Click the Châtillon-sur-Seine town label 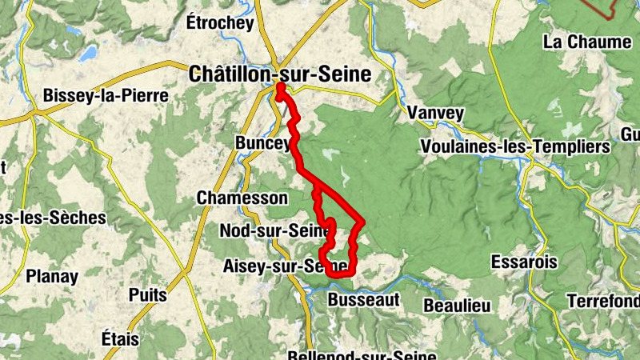point(280,74)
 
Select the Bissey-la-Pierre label point(106,96)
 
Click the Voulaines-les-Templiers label point(515,147)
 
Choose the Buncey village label point(262,142)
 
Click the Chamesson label point(242,198)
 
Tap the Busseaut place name point(363,300)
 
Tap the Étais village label point(120,338)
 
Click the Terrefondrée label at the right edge point(603,302)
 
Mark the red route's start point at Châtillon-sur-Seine point(281,87)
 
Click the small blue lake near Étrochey point(88,54)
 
